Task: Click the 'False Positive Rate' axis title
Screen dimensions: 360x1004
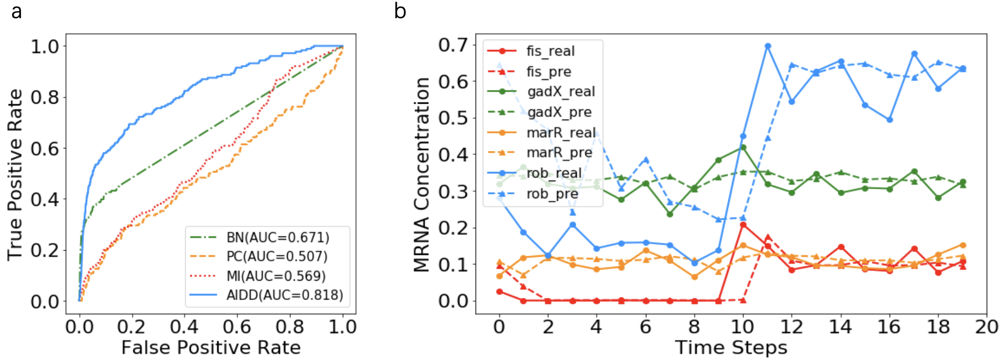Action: [x=211, y=348]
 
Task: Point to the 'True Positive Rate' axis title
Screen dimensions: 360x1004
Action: [x=15, y=174]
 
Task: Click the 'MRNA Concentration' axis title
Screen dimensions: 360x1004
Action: [x=422, y=174]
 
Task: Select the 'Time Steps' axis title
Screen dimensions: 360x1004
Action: [x=731, y=348]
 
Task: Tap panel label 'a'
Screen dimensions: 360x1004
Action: [x=17, y=11]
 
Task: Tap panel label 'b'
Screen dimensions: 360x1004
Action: [x=400, y=11]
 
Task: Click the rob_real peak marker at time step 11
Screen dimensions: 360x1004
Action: [x=768, y=46]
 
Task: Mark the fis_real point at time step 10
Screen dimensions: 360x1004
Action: [x=743, y=225]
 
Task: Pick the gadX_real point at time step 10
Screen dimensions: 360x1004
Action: [x=743, y=147]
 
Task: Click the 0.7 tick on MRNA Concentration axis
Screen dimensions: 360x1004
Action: [x=453, y=45]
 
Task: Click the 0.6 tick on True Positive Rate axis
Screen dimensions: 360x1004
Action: [x=45, y=148]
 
